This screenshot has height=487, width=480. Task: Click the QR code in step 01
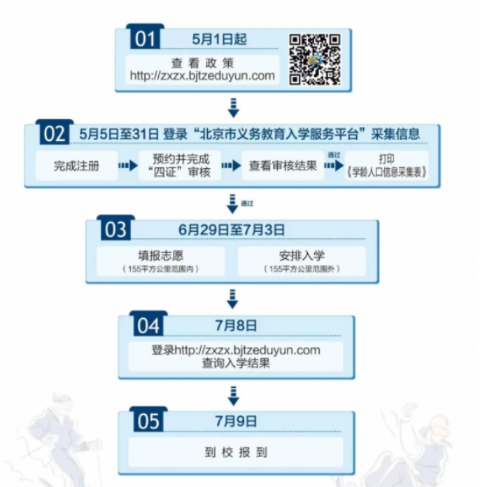pyautogui.click(x=316, y=60)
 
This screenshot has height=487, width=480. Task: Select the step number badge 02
pyautogui.click(x=54, y=134)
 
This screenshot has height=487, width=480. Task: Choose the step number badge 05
pyautogui.click(x=148, y=421)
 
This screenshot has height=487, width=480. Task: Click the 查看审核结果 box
pyautogui.click(x=283, y=166)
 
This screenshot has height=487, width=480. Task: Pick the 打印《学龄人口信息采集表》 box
pyautogui.click(x=386, y=166)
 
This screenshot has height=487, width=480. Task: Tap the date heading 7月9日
pyautogui.click(x=236, y=421)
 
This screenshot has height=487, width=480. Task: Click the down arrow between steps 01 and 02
pyautogui.click(x=234, y=107)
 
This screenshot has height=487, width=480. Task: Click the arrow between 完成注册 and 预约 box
pyautogui.click(x=127, y=166)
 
